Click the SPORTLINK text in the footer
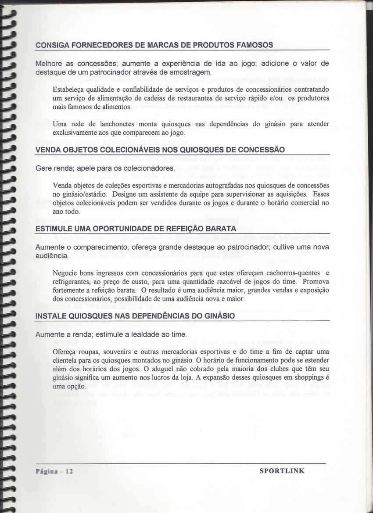click(x=282, y=471)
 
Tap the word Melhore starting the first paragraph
click(x=49, y=63)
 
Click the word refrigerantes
click(x=72, y=281)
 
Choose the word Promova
click(x=316, y=281)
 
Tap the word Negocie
click(x=66, y=273)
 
